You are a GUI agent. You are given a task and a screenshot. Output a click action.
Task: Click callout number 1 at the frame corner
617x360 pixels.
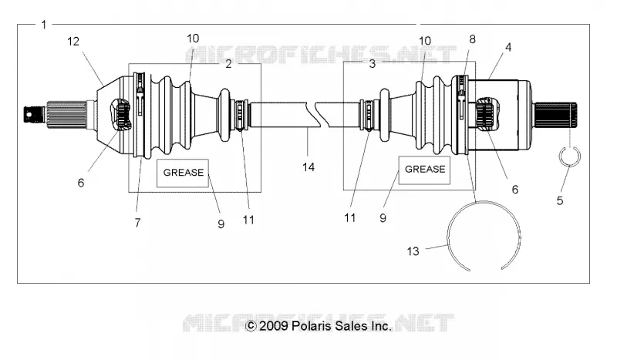click(x=44, y=25)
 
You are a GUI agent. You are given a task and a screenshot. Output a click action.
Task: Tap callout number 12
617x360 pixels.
click(x=73, y=42)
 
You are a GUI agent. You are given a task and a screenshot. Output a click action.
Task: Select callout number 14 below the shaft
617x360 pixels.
click(x=308, y=167)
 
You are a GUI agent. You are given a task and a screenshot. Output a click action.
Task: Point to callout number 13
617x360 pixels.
click(x=413, y=251)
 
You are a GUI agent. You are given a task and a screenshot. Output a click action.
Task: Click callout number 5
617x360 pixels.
click(x=560, y=200)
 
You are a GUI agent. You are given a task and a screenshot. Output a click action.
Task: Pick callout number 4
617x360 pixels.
click(x=508, y=47)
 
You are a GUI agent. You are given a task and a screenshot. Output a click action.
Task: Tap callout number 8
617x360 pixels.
click(x=472, y=39)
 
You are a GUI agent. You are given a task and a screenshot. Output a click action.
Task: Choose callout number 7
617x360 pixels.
click(x=137, y=223)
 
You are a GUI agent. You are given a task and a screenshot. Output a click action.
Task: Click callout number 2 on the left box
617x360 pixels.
click(x=228, y=64)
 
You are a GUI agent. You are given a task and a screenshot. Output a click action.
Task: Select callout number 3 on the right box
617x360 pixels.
click(x=373, y=64)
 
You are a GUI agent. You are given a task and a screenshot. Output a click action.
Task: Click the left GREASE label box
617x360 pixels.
click(x=183, y=173)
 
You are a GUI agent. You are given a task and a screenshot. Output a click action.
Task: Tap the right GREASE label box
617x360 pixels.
click(x=425, y=170)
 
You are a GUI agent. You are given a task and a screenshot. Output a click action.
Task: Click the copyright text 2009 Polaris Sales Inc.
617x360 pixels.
click(x=319, y=326)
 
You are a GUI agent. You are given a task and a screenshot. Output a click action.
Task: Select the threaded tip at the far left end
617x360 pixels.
click(x=35, y=114)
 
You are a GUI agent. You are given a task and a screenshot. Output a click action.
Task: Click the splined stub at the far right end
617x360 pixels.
click(x=555, y=115)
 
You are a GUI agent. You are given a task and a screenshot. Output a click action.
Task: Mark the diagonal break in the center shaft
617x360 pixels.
click(x=317, y=115)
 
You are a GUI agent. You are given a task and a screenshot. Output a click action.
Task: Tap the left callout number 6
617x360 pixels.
click(x=81, y=183)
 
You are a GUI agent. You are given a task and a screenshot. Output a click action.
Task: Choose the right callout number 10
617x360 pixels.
click(x=425, y=41)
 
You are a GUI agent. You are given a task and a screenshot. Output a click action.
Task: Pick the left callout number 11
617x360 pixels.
click(x=248, y=220)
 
